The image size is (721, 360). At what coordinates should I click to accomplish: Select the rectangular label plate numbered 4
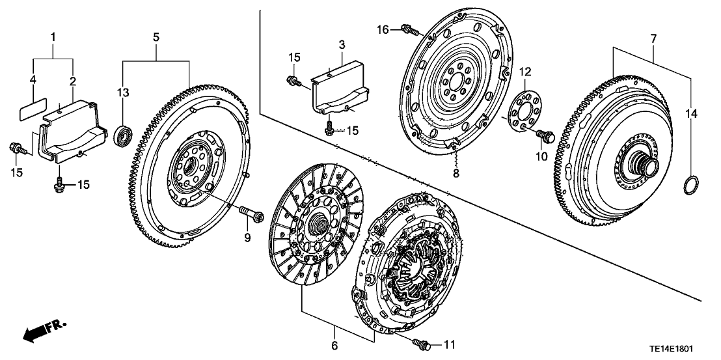32,109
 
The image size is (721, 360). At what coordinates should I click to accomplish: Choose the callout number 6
334,346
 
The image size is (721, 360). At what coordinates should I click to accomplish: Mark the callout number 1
53,35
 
